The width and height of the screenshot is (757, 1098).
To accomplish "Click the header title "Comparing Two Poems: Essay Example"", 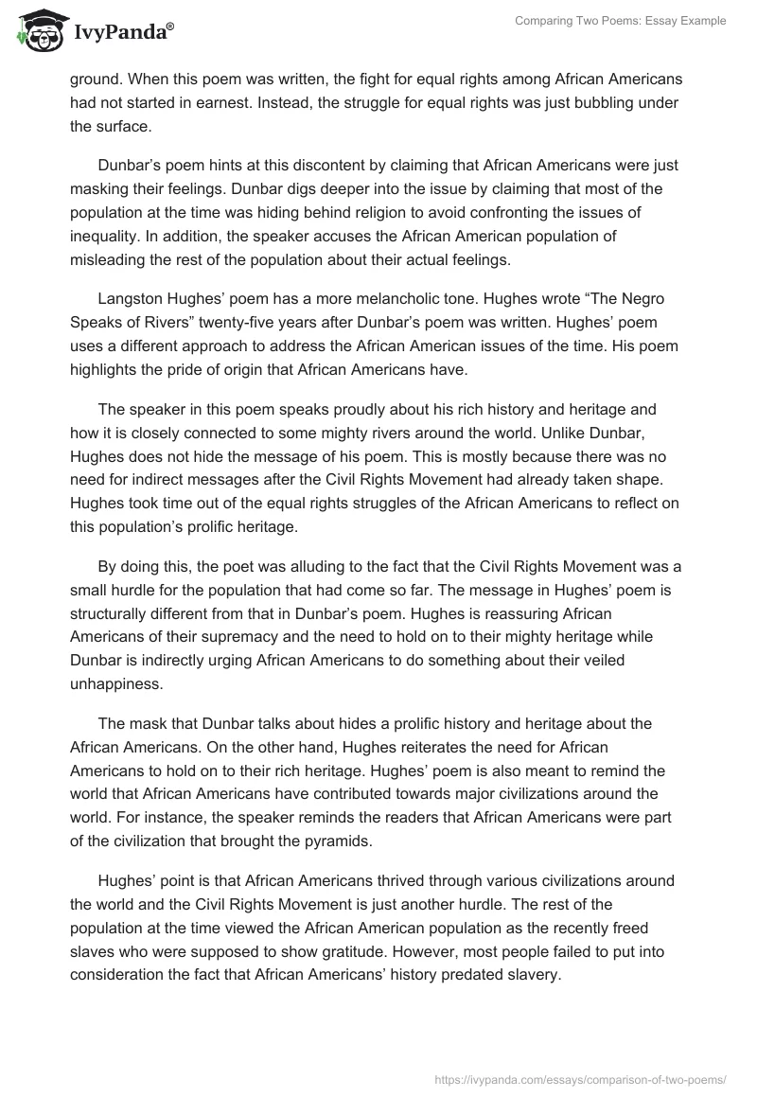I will [x=620, y=21].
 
